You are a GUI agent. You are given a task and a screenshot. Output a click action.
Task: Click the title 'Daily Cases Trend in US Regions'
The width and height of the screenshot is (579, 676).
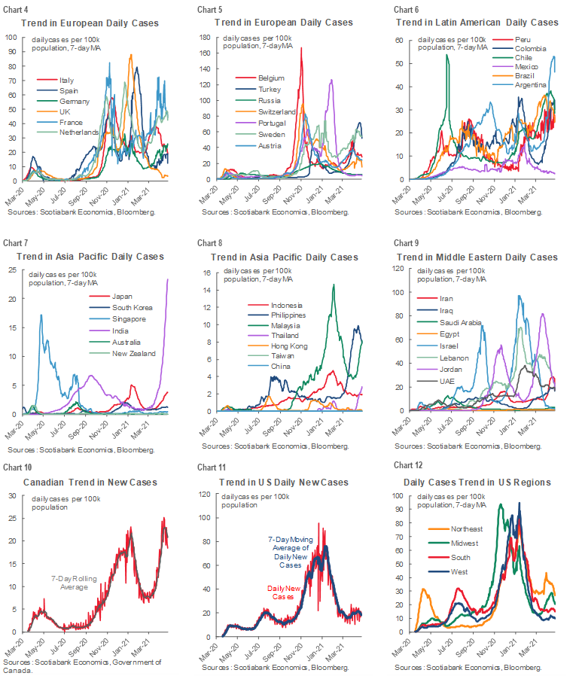[x=477, y=482]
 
